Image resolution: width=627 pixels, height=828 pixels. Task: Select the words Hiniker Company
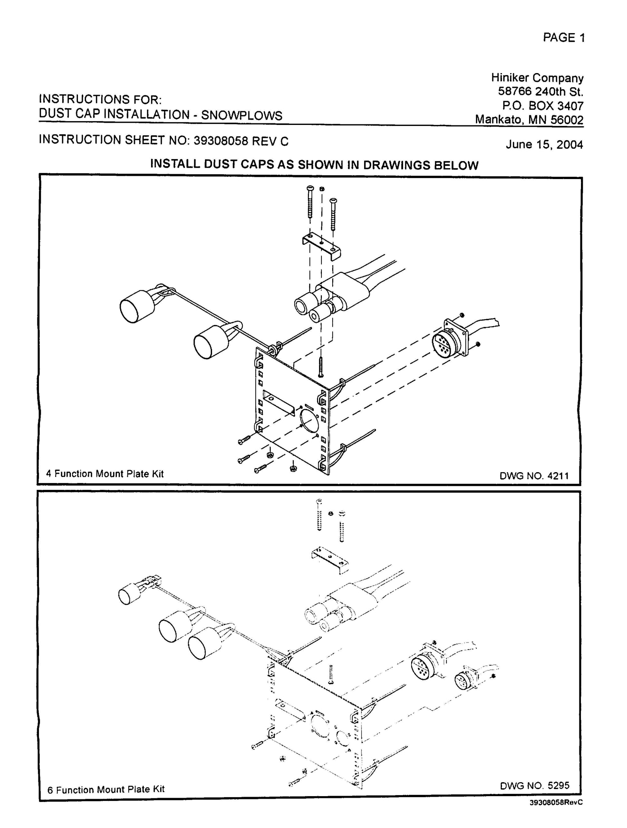[x=537, y=78]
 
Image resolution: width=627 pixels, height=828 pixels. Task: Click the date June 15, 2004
[x=544, y=145]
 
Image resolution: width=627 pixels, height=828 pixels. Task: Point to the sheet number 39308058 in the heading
[x=221, y=141]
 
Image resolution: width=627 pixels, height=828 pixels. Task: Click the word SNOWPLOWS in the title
[x=242, y=115]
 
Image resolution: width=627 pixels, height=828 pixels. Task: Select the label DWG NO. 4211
[x=534, y=476]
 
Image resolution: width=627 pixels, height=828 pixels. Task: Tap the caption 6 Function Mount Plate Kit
[x=106, y=789]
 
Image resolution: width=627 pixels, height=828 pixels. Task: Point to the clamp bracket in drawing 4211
[x=321, y=245]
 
